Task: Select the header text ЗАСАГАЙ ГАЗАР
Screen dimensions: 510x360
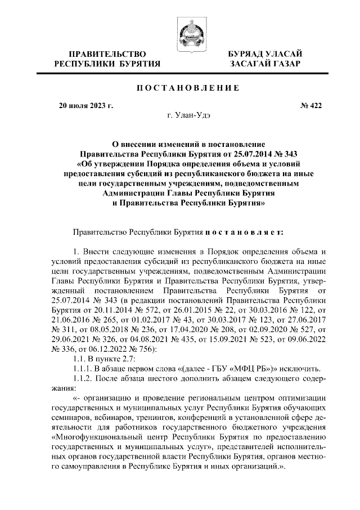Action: (264, 64)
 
